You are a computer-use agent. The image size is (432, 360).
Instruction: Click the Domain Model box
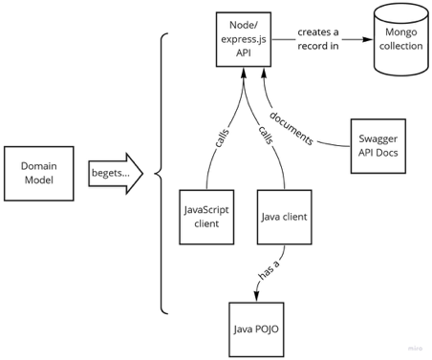point(39,173)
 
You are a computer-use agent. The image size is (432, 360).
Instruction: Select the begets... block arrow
point(115,174)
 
